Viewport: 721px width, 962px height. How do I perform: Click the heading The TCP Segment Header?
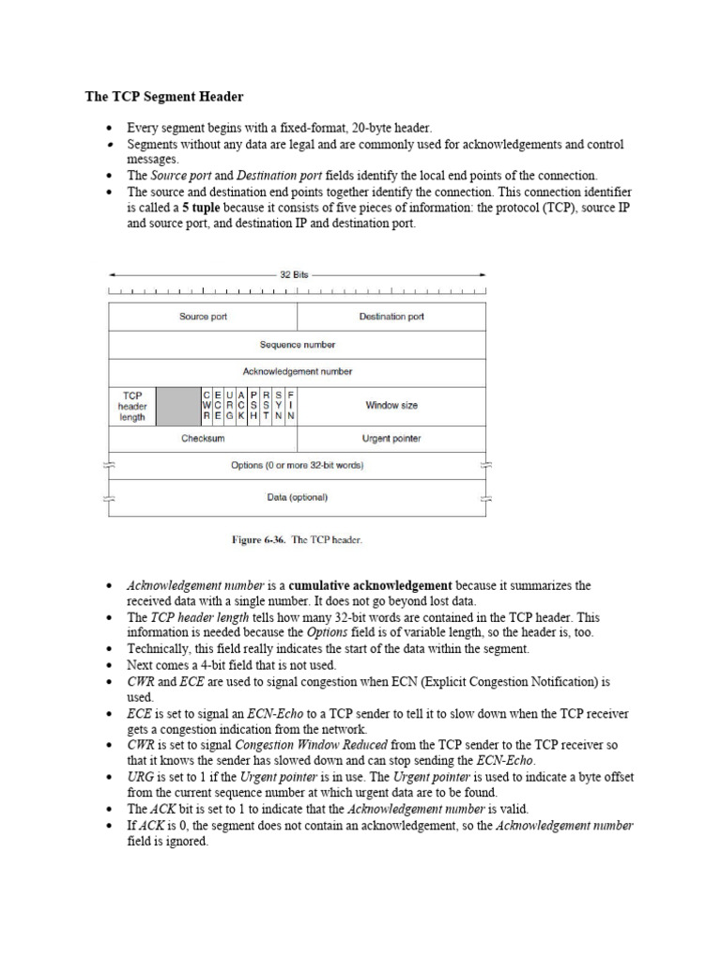point(164,96)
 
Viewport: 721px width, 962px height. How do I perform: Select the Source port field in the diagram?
point(203,317)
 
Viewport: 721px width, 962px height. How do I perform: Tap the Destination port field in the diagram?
point(391,317)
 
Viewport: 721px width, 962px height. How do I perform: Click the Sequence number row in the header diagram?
point(298,345)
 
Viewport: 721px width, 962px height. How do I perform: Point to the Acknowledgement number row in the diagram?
point(298,371)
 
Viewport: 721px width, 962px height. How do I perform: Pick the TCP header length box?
point(132,406)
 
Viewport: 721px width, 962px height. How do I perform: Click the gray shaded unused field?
point(178,406)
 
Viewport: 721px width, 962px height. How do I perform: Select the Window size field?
point(391,406)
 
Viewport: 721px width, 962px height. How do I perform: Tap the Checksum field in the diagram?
point(203,438)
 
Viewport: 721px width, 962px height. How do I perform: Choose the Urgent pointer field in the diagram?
point(391,438)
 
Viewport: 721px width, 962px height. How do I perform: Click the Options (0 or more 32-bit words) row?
point(298,465)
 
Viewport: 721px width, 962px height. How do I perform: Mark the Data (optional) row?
point(298,497)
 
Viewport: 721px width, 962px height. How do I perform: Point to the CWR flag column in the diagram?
point(207,406)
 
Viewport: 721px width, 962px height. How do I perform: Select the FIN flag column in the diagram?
point(291,406)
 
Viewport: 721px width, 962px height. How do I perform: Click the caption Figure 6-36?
point(259,540)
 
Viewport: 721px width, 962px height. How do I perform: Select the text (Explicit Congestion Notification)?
point(507,681)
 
